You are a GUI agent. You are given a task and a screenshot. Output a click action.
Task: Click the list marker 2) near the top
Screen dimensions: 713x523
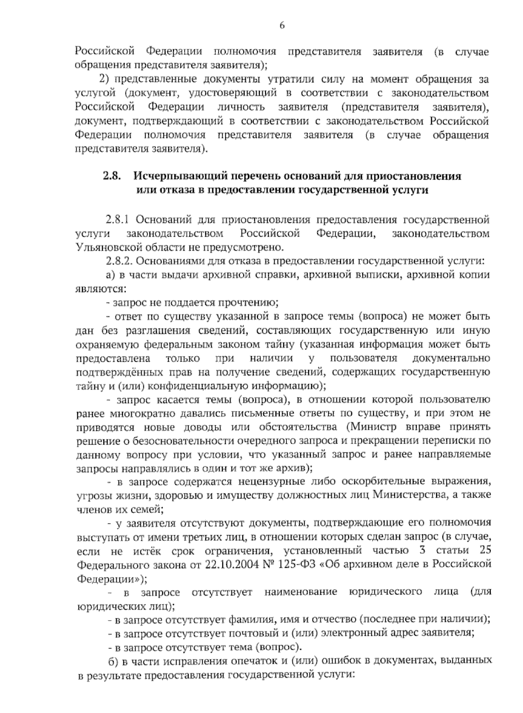coord(103,79)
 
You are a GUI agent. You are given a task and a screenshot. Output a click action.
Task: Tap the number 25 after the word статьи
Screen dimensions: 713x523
coord(484,551)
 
